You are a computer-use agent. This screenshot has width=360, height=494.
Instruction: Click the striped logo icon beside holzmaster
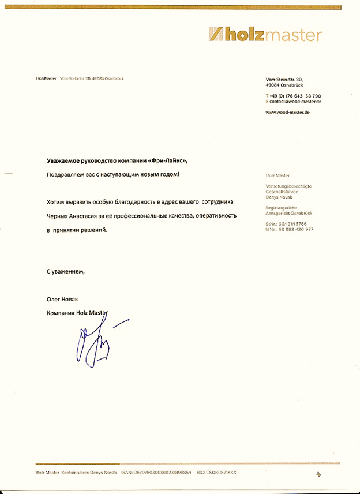(x=216, y=35)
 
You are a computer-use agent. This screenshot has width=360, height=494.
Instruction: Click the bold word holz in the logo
(x=245, y=35)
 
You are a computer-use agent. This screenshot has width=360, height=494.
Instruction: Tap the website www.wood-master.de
(x=287, y=113)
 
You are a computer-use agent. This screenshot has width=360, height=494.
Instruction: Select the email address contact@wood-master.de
(x=295, y=102)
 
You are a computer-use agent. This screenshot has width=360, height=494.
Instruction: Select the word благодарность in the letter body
(x=137, y=203)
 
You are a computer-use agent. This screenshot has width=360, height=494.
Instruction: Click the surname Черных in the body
(x=59, y=216)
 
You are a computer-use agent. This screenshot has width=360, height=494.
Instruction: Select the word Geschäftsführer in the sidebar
(x=282, y=192)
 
